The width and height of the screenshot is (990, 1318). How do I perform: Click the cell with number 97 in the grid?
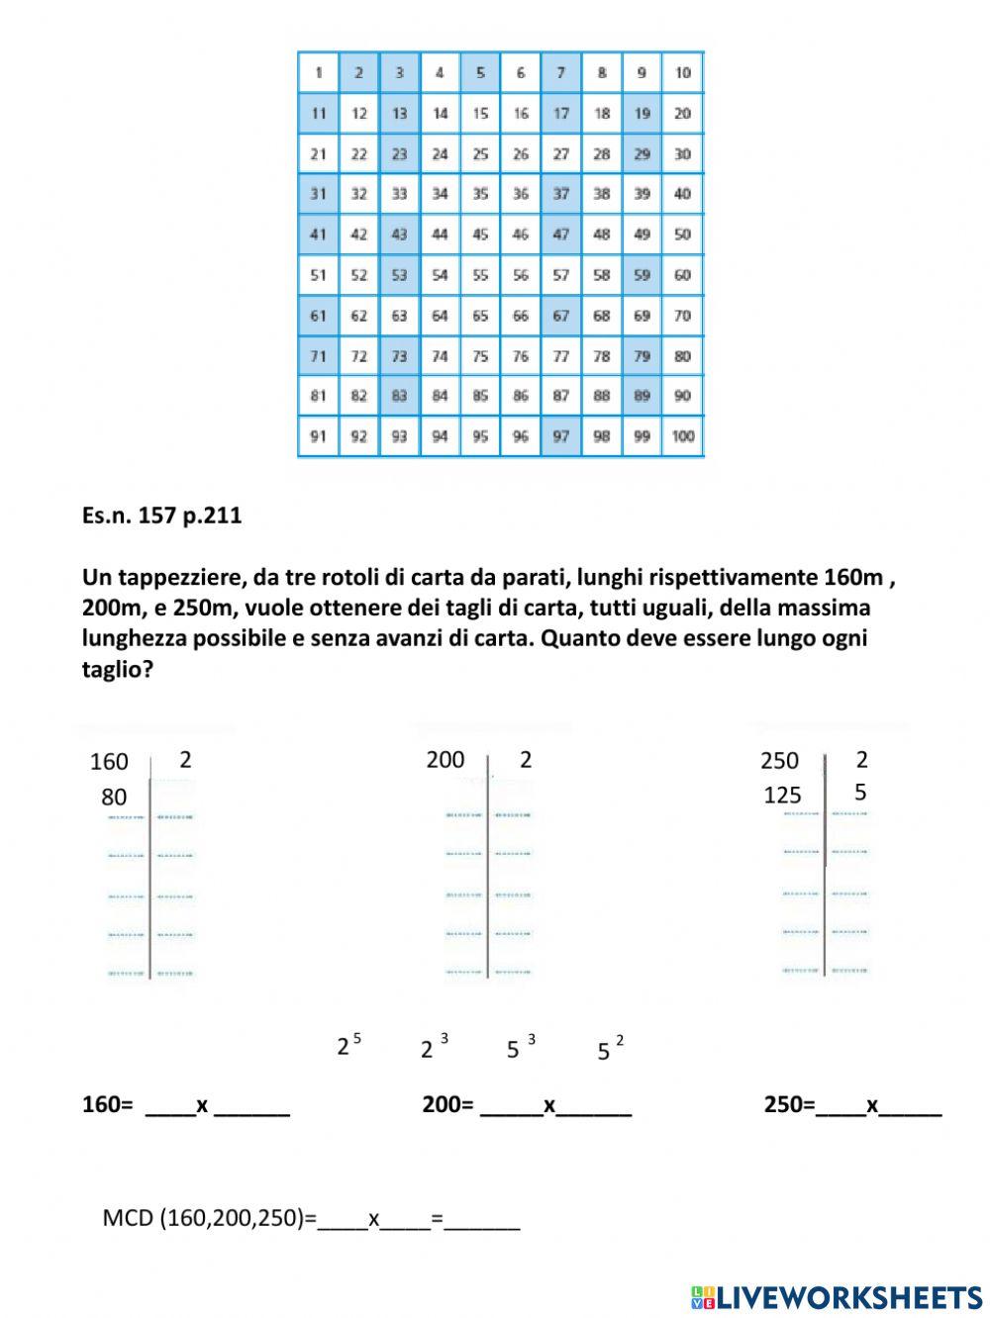pos(561,436)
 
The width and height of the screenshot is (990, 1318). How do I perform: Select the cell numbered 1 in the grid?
pos(318,72)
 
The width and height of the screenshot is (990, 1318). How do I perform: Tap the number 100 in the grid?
pos(682,436)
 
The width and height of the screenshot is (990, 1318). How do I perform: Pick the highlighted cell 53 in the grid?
pos(399,275)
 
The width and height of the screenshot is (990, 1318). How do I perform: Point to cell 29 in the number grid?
pos(642,153)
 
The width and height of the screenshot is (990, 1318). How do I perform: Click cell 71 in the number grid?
pos(318,356)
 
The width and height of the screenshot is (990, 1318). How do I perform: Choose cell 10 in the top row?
pos(682,72)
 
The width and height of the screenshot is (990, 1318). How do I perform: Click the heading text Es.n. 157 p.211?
pos(161,516)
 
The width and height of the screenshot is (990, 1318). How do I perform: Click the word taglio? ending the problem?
pos(117,669)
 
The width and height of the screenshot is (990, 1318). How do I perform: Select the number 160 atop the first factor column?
pos(109,761)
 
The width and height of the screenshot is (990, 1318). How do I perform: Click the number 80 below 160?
pos(114,797)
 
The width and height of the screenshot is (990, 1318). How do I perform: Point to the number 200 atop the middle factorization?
pos(445,759)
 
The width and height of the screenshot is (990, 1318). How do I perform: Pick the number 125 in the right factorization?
pos(782,795)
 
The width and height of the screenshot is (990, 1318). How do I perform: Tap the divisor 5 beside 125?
pos(860,793)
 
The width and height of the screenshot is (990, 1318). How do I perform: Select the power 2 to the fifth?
pos(348,1045)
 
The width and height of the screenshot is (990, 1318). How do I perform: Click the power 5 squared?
pos(610,1049)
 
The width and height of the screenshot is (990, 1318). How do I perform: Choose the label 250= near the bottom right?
pos(788,1104)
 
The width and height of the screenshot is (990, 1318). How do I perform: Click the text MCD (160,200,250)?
pos(209,1217)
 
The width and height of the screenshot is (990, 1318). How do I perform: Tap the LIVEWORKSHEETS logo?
pos(836,1297)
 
